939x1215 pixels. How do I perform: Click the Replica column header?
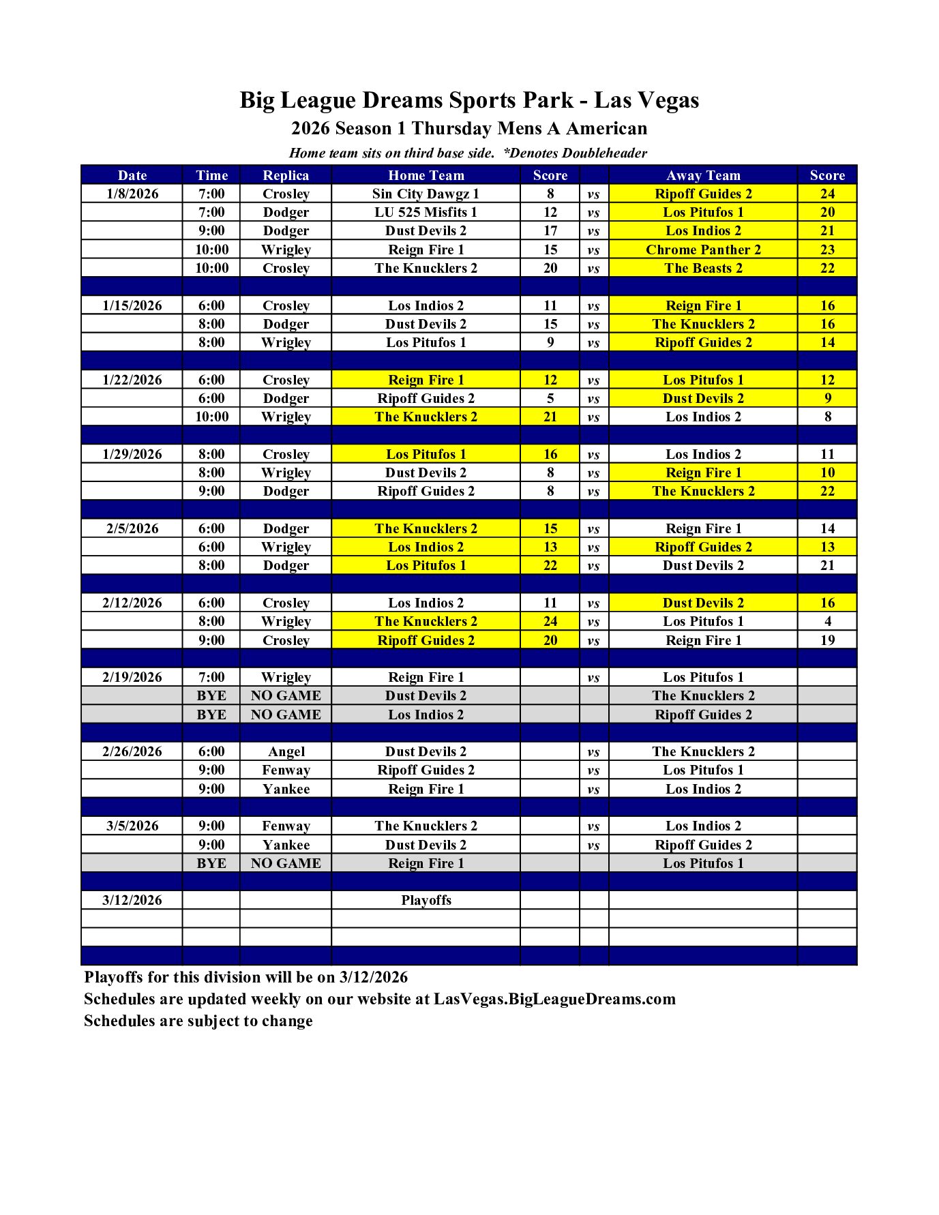286,175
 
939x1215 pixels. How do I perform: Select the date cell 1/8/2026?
132,194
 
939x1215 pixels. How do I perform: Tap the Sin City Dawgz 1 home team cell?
426,194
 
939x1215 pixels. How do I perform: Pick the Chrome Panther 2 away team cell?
703,250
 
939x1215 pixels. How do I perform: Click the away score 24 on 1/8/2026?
827,194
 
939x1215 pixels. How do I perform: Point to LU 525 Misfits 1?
426,212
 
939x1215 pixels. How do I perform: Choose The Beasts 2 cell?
703,268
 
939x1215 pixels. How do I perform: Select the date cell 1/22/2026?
132,380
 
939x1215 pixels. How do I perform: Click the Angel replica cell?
286,751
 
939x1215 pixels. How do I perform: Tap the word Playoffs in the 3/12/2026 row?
426,900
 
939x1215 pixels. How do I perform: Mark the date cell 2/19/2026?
132,677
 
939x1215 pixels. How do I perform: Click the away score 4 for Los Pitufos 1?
827,621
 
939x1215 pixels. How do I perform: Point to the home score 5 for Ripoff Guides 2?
550,398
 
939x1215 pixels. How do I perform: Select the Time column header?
211,175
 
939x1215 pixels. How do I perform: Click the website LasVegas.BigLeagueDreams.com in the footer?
554,999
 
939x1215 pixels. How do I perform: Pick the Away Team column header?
703,175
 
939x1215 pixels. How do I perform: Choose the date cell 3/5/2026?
132,826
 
